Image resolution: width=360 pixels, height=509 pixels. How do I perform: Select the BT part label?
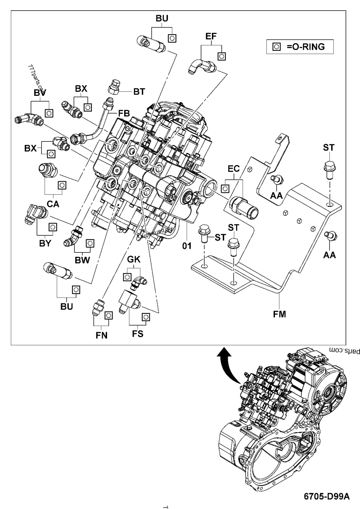(x=139, y=91)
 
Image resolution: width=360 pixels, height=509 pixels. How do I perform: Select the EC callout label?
(x=234, y=170)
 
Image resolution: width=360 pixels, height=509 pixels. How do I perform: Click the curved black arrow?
(x=230, y=365)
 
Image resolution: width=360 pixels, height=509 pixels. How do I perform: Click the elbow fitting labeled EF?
(x=201, y=66)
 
